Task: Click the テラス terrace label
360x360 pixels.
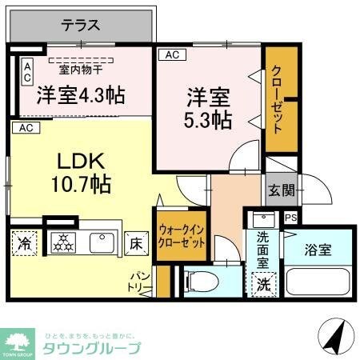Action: (82, 26)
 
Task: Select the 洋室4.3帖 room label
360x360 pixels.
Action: (81, 96)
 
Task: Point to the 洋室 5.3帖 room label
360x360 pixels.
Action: (210, 110)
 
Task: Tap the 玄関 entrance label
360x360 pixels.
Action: (281, 190)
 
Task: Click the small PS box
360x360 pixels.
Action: (290, 217)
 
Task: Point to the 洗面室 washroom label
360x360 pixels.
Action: (262, 249)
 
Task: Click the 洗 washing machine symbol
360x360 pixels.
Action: (262, 283)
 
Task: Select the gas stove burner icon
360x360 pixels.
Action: (62, 243)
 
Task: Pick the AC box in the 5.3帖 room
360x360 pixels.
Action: (170, 55)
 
